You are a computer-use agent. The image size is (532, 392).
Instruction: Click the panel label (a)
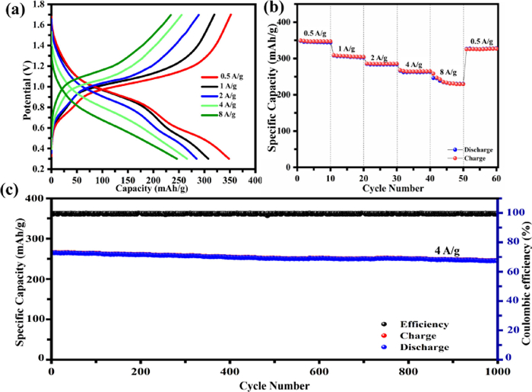coord(13,9)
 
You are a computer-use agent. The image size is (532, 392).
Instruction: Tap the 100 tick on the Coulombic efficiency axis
coord(508,213)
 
